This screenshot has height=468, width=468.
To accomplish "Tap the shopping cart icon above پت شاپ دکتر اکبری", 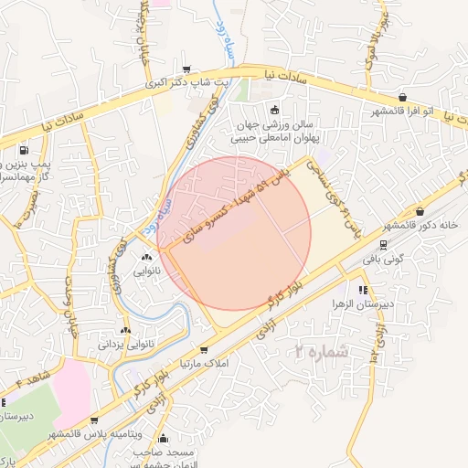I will tap(187, 69).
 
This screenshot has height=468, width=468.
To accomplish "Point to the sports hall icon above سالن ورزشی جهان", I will tap(276, 110).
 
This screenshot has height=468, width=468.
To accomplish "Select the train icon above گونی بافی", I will tap(382, 244).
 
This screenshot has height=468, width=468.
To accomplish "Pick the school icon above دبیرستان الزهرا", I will tap(363, 290).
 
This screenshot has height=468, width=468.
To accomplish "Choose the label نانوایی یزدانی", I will tap(126, 344).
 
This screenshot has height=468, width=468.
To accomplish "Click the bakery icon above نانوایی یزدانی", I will tap(125, 330).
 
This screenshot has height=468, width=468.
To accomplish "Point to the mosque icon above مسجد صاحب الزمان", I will tap(164, 439).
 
